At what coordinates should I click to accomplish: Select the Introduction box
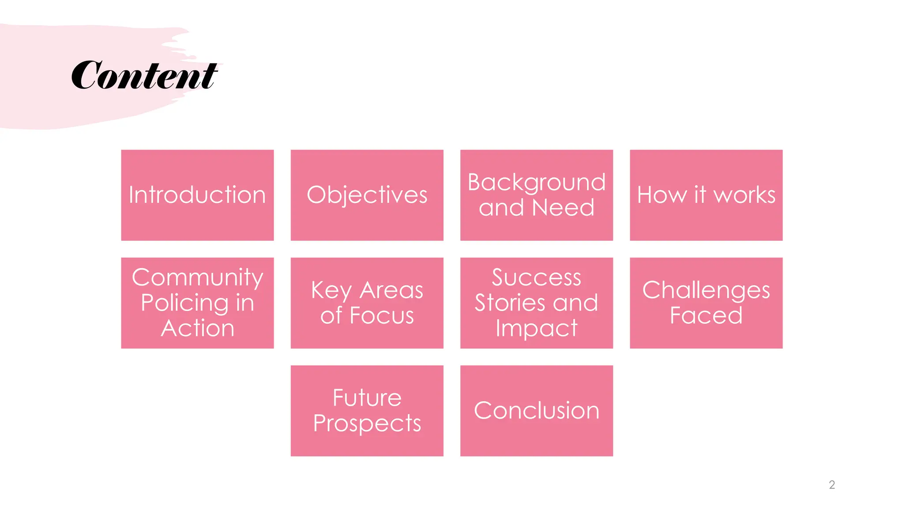point(197,195)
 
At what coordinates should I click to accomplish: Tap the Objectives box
point(367,195)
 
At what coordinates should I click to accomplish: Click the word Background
point(536,182)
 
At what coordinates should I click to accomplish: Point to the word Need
point(563,208)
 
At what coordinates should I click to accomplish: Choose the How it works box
point(706,195)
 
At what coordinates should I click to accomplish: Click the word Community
point(197,277)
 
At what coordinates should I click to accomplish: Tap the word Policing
point(185,303)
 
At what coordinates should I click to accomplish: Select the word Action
point(197,329)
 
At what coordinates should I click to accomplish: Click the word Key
point(331,290)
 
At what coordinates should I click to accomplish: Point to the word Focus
point(382,316)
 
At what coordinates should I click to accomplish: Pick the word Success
point(536,277)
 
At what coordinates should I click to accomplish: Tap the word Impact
point(536,329)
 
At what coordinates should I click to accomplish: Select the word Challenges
point(706,290)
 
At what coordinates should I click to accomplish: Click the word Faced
point(706,316)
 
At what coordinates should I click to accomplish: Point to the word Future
point(367,398)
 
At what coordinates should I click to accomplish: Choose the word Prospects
point(367,423)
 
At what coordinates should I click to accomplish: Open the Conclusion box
point(536,411)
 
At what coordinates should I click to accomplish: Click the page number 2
point(832,485)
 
